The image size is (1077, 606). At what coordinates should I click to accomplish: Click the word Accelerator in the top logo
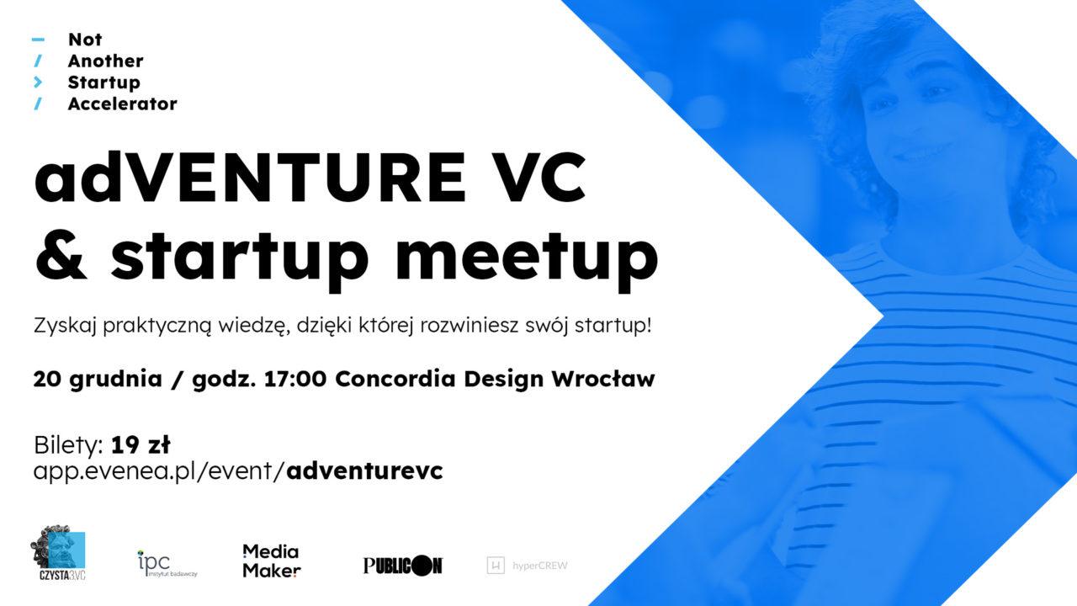(x=122, y=104)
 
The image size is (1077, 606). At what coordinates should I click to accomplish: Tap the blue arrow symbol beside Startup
(x=37, y=82)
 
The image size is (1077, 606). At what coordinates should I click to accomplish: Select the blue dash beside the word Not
(x=37, y=40)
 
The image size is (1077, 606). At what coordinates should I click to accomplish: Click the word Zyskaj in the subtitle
(x=65, y=326)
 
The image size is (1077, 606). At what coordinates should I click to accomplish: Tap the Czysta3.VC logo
(x=58, y=554)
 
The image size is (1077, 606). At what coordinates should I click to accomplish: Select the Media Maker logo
(x=271, y=561)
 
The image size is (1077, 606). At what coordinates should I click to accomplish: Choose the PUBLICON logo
(x=402, y=566)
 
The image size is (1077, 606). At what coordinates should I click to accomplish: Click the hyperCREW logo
(x=528, y=566)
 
